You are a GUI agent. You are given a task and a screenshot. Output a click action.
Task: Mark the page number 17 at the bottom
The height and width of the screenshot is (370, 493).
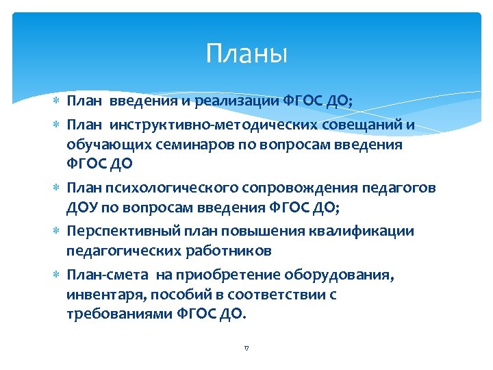(x=246, y=348)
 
